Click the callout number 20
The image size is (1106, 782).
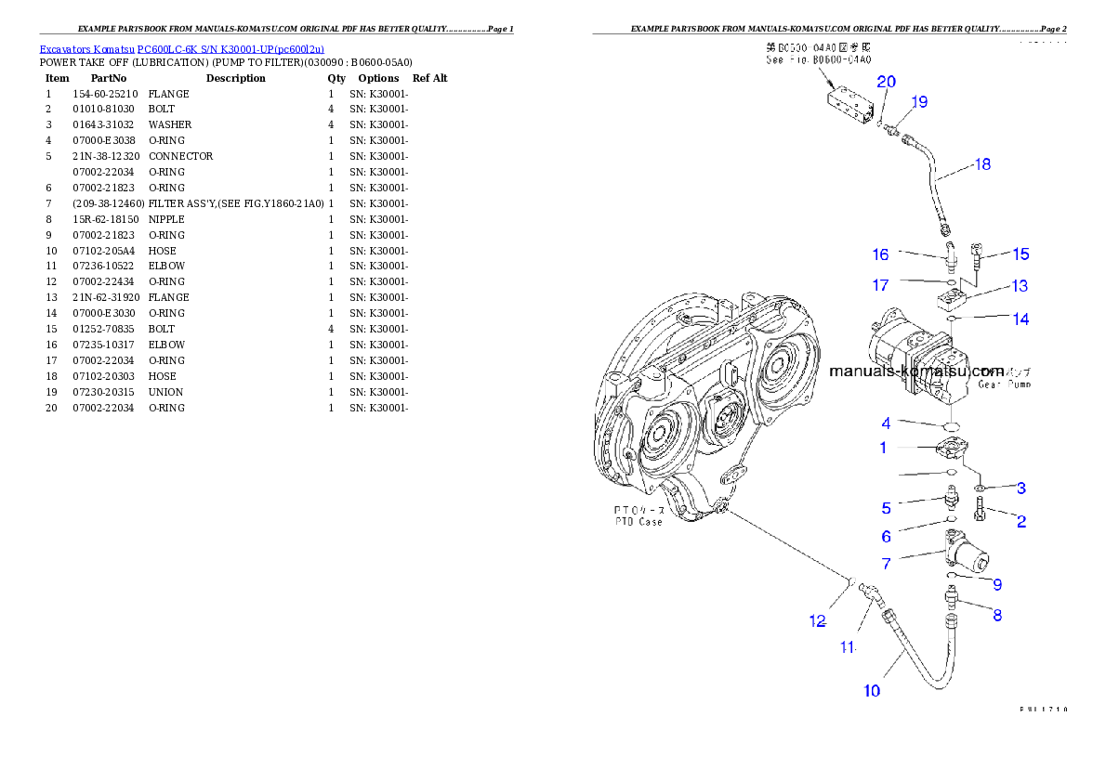(x=887, y=82)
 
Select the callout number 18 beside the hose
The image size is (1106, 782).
(x=981, y=164)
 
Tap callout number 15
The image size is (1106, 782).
(x=1020, y=254)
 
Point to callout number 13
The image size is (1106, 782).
(x=1020, y=286)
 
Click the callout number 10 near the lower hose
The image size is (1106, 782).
(x=872, y=690)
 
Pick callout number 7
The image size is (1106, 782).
(x=887, y=564)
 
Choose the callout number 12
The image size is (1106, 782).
(x=817, y=621)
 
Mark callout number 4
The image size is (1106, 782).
(x=887, y=424)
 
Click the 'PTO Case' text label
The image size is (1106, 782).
(x=639, y=516)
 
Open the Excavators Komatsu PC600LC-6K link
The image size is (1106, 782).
(x=181, y=49)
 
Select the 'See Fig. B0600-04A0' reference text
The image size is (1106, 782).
(x=817, y=59)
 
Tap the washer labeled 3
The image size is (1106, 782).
(x=981, y=487)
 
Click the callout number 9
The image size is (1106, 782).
(x=996, y=584)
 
